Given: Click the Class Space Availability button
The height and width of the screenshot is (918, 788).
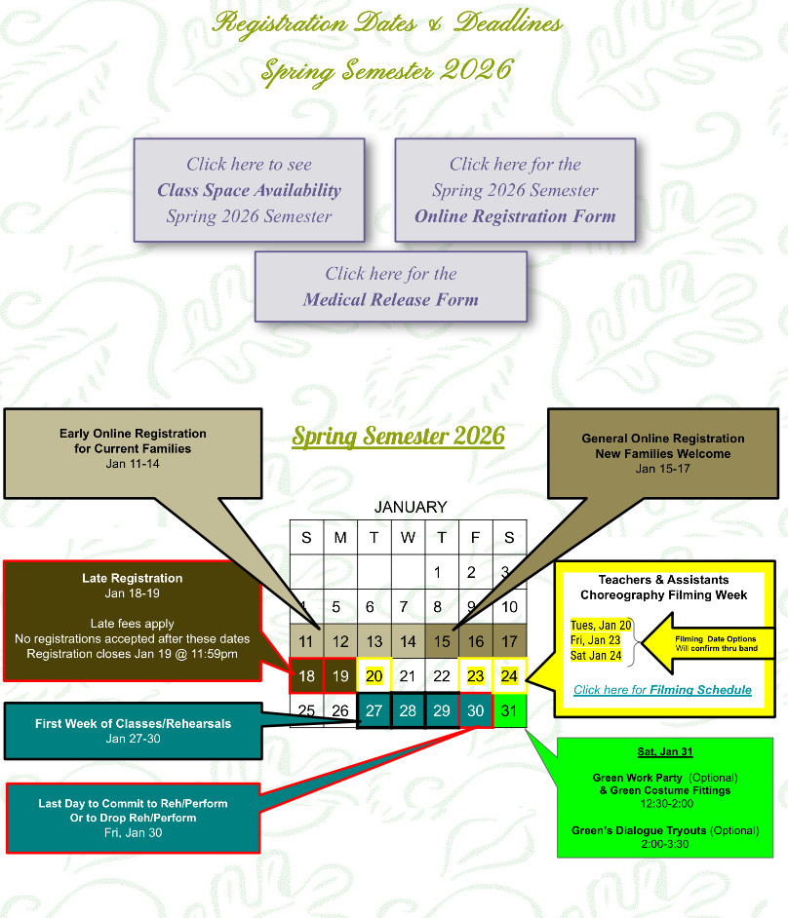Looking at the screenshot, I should coord(249,190).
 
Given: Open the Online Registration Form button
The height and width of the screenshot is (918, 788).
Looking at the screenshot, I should coord(515,190).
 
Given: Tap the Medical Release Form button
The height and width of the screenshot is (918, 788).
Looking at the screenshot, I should coord(390,287).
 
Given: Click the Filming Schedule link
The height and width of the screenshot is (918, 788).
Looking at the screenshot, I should coord(662,690).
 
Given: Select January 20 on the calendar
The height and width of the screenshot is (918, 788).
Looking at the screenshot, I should coord(374,675).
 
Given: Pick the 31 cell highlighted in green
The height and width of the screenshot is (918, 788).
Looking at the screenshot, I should coord(510,709).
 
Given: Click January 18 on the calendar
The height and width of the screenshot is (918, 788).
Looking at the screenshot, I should coord(306,675).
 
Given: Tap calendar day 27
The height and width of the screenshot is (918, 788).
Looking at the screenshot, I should coord(374,709).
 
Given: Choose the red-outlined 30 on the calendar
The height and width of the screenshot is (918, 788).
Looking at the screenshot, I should coord(476,709).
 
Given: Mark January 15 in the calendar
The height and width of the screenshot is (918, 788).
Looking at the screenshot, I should coord(442,641).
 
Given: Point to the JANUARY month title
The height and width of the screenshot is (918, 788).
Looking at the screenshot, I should coord(411,507).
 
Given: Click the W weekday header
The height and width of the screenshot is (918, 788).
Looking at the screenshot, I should coord(408,538).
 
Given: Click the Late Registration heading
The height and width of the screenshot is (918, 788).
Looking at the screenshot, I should coord(132,578).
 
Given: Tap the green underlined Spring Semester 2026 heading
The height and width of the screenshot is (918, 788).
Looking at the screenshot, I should coord(398,435).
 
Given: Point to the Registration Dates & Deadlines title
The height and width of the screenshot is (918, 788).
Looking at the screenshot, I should coord(388,22).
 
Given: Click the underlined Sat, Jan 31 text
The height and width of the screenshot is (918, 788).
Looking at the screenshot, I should coord(664,752).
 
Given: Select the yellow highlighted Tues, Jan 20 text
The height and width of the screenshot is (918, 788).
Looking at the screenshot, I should coord(601,626).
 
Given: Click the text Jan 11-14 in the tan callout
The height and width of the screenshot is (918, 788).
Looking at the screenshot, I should coord(133,463).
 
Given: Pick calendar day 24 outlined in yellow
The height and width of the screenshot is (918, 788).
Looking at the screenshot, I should coord(510,675).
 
